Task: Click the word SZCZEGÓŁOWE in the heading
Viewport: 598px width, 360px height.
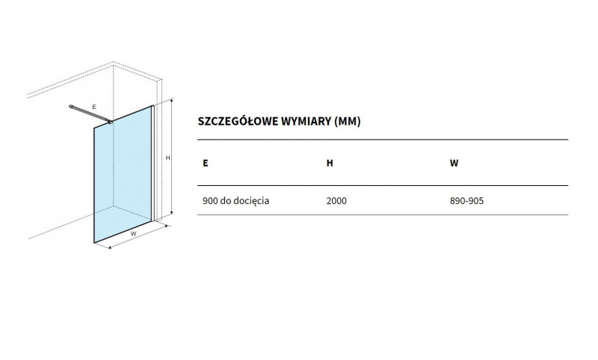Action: tap(238, 121)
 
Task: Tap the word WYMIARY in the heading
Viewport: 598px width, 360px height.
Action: tap(306, 121)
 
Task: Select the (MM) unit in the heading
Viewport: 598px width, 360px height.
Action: tap(347, 122)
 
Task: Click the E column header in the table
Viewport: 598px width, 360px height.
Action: tap(206, 163)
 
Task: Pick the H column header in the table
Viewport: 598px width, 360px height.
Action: tap(330, 163)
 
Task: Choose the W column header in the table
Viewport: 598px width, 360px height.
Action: tap(454, 163)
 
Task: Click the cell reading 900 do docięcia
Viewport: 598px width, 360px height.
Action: tap(235, 201)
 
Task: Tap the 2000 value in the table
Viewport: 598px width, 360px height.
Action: tap(336, 201)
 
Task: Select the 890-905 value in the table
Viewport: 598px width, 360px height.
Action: tap(466, 201)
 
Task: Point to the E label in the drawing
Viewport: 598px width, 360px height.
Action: tap(94, 107)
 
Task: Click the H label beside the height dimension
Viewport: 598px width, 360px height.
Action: tap(167, 158)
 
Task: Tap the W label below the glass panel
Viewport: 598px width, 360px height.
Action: tap(133, 234)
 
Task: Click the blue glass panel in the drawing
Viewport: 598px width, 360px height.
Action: tap(123, 174)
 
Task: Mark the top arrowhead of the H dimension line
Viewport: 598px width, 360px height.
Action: tap(172, 100)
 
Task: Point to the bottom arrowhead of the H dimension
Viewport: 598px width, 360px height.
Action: tap(172, 214)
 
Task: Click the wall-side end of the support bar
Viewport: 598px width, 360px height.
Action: tap(71, 107)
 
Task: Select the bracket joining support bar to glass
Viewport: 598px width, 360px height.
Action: tap(110, 122)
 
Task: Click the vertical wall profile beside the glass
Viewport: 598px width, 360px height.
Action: tap(153, 163)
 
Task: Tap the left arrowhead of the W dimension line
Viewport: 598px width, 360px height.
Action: tap(110, 248)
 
